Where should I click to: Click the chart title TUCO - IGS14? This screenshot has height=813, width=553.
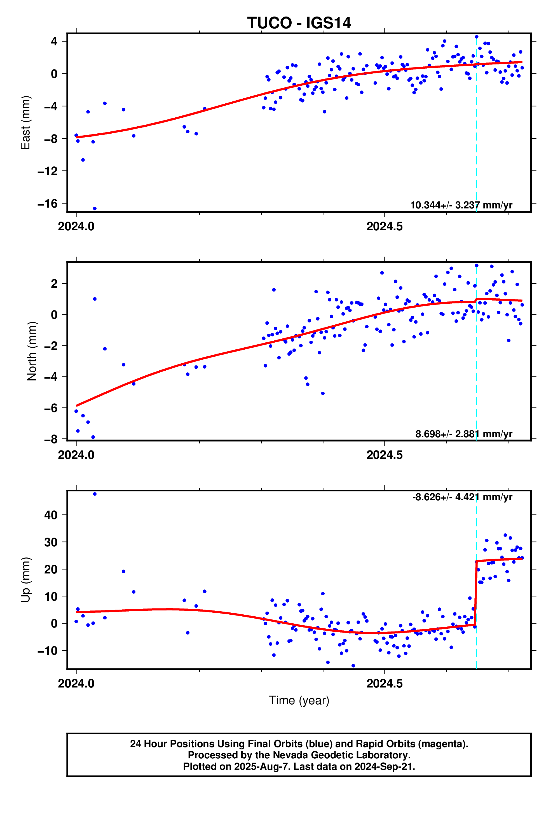tap(299, 23)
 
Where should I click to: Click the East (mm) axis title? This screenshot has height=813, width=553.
tap(25, 123)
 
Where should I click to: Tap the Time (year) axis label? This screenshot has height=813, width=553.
tap(299, 700)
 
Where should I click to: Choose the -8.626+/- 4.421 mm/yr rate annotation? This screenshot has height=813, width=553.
tap(462, 497)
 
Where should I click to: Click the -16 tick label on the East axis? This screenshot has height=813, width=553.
tap(48, 204)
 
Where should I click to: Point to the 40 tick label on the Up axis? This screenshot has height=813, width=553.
tap(51, 515)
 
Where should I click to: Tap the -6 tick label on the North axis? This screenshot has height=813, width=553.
tap(51, 408)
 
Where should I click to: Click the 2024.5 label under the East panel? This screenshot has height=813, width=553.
tap(385, 227)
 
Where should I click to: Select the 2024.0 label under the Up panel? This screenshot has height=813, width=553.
tap(76, 684)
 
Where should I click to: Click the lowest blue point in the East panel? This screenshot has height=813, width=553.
tap(95, 208)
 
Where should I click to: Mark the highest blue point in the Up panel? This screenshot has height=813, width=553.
tap(95, 494)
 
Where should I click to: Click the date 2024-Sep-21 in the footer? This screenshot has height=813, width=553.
tap(384, 766)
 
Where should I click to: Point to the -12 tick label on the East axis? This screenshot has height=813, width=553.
tap(48, 171)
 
